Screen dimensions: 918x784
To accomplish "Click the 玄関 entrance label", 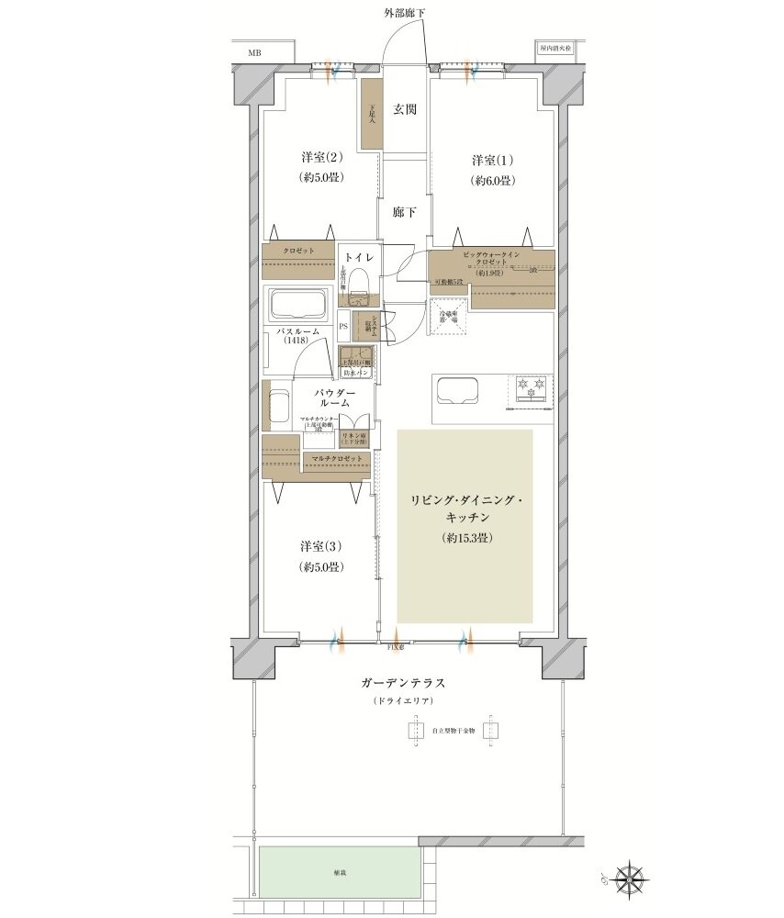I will tap(405, 109).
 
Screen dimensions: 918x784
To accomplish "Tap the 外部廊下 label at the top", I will tap(405, 12).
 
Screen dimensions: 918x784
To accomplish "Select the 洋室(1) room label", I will tap(487, 157).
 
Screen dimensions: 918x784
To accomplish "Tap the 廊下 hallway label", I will tap(405, 213).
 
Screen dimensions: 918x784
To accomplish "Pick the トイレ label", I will tap(362, 259).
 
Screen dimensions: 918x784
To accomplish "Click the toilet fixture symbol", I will tap(361, 285).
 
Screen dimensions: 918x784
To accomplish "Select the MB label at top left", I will tap(253, 52).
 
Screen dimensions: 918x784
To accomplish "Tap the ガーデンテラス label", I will tap(405, 684).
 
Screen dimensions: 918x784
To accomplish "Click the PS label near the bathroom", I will tap(343, 325).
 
